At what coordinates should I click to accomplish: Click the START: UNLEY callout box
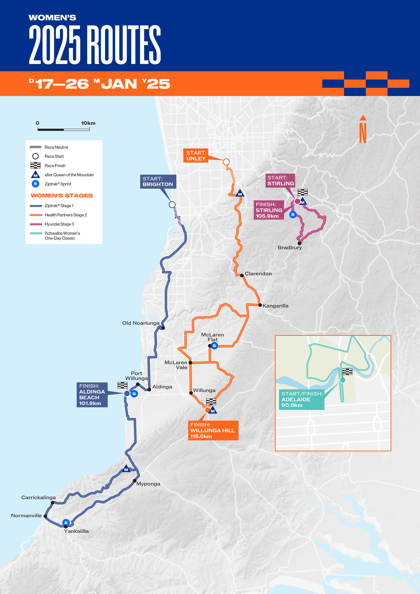click(196, 155)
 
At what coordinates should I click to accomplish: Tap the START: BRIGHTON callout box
click(158, 182)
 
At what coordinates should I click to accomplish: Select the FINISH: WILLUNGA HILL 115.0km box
click(213, 430)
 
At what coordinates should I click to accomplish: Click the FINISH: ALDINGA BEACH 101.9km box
click(92, 394)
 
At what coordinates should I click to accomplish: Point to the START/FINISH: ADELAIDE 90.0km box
click(301, 399)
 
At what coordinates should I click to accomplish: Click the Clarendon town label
click(258, 274)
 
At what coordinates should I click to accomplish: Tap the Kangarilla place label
click(275, 306)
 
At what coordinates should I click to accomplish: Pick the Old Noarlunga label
click(141, 323)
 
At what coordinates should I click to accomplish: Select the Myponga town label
click(148, 484)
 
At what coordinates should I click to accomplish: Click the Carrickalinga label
click(38, 497)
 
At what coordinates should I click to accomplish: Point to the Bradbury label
click(290, 247)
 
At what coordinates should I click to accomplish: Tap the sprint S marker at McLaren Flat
click(214, 346)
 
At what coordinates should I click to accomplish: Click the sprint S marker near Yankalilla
click(66, 523)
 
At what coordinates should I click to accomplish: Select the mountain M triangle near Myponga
click(126, 469)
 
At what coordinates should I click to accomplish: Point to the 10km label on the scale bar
click(88, 123)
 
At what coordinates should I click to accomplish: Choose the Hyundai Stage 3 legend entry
click(59, 224)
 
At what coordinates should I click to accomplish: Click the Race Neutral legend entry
click(56, 147)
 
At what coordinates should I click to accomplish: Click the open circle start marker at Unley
click(226, 162)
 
